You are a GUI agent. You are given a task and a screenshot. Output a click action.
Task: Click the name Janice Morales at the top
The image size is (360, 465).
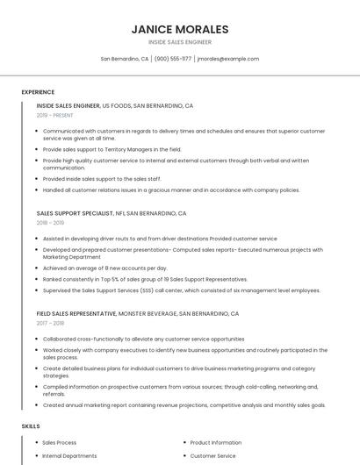180,29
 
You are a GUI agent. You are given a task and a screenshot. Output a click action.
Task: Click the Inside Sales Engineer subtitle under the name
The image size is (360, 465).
180,42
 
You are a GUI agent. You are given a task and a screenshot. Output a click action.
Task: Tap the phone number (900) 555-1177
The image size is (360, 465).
173,59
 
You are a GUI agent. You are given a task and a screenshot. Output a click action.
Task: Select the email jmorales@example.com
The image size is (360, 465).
228,59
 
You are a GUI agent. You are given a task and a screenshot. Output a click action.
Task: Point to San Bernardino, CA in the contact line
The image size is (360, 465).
125,59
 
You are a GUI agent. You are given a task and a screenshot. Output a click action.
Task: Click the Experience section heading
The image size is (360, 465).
38,92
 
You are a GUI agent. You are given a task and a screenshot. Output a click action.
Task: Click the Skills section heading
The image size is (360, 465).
31,426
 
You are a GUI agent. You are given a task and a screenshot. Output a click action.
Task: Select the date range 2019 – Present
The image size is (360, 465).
55,115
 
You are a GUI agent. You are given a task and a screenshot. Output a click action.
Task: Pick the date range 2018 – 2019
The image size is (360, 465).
50,223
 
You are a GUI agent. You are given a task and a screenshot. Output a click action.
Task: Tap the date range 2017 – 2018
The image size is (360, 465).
50,323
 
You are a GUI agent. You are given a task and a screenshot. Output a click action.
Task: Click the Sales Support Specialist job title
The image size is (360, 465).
76,213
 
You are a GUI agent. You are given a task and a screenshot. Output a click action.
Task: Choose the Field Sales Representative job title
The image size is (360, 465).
77,313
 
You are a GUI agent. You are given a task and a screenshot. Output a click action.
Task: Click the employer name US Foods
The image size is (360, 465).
117,105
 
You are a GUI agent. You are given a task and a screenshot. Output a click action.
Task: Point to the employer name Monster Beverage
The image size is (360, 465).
147,313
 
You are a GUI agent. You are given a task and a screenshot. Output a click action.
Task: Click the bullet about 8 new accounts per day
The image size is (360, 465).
105,268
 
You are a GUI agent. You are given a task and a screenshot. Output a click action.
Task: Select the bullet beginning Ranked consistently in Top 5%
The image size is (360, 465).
145,279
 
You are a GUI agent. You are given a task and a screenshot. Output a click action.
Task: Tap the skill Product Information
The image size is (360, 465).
216,443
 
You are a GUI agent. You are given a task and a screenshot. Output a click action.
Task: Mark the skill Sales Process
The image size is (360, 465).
60,443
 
